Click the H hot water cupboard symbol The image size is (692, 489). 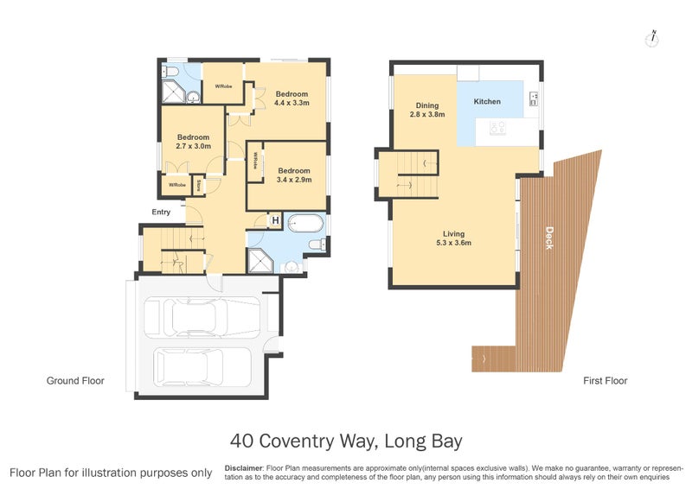click(x=275, y=222)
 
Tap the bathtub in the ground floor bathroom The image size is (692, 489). click(x=305, y=223)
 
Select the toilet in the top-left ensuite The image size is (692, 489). click(x=170, y=72)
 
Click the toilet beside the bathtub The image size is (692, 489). click(x=317, y=245)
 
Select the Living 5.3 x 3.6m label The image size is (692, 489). click(x=453, y=238)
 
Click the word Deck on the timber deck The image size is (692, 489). click(x=549, y=238)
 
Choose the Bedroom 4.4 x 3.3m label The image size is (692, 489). click(x=292, y=98)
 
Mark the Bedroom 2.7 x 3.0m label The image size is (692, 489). click(x=193, y=142)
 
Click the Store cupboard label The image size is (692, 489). click(x=199, y=184)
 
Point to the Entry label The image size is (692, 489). click(x=161, y=212)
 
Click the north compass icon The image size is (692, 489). click(x=654, y=38)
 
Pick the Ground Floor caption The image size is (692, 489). click(x=74, y=381)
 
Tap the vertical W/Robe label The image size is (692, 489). click(x=256, y=162)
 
